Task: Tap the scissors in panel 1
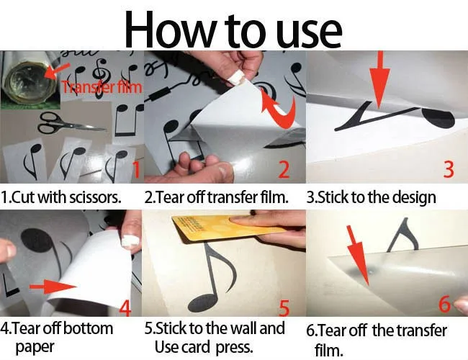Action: [71, 123]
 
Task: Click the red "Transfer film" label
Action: [102, 87]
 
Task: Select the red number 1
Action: [136, 169]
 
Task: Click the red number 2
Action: [284, 169]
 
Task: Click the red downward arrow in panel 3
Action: [379, 78]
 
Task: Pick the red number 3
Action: [449, 169]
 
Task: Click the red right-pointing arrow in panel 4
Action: [53, 287]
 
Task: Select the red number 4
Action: [125, 307]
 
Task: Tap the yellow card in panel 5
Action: [229, 228]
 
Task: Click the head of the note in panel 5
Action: [203, 303]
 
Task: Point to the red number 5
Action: [284, 308]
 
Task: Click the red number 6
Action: [445, 304]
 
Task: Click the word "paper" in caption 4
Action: [35, 348]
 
